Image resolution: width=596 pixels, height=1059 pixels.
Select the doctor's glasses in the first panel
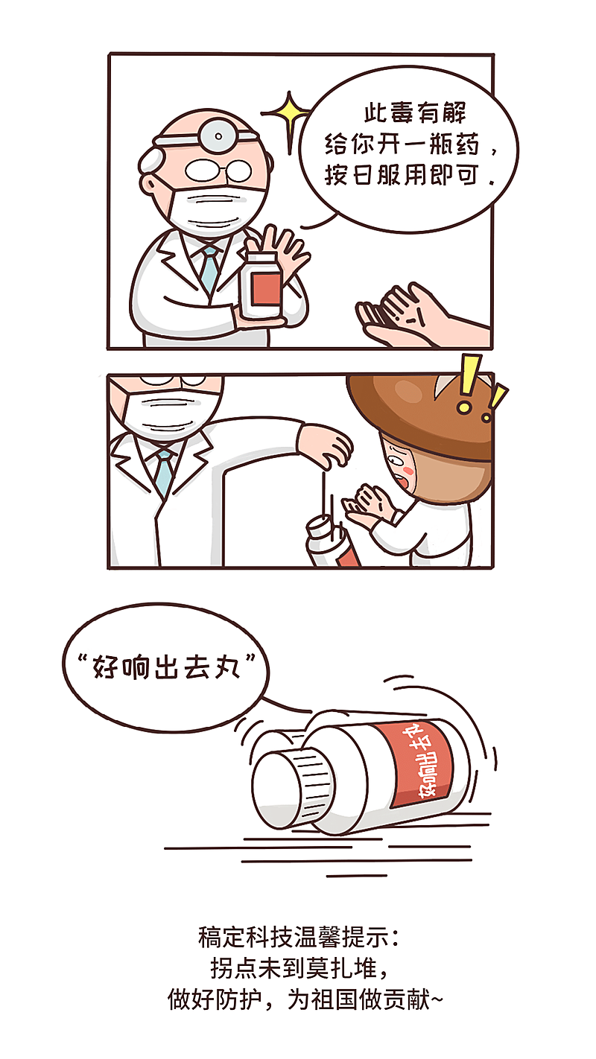[x=219, y=170]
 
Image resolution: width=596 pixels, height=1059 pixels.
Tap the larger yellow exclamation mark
[x=469, y=384]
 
